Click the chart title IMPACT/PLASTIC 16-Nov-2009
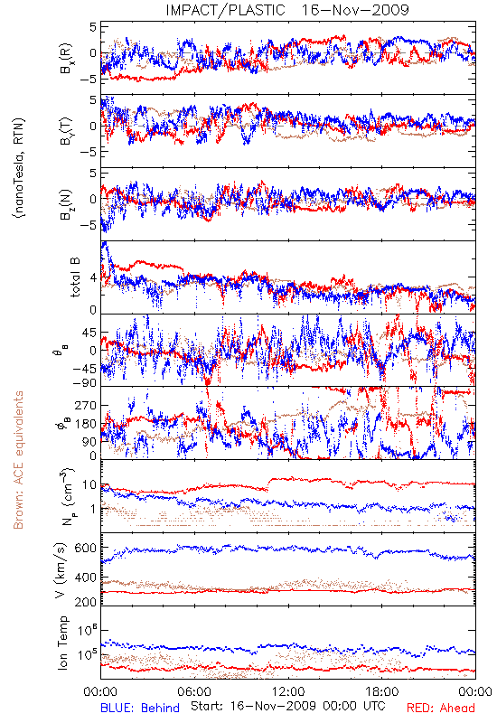click(286, 10)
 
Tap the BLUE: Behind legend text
click(140, 708)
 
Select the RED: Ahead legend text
click(440, 708)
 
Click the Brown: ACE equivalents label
click(18, 460)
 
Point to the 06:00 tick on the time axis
click(194, 691)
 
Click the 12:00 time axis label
click(288, 691)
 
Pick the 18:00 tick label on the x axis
click(382, 691)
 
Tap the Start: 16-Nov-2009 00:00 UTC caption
click(288, 706)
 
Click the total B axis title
click(75, 277)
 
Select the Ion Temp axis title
click(62, 643)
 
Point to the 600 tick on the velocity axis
click(86, 549)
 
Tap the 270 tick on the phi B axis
click(86, 406)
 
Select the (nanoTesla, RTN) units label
click(19, 168)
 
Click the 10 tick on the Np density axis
click(89, 485)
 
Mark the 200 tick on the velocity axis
click(86, 602)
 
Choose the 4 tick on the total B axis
click(93, 277)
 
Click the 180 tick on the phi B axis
click(86, 424)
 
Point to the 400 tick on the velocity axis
click(86, 577)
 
